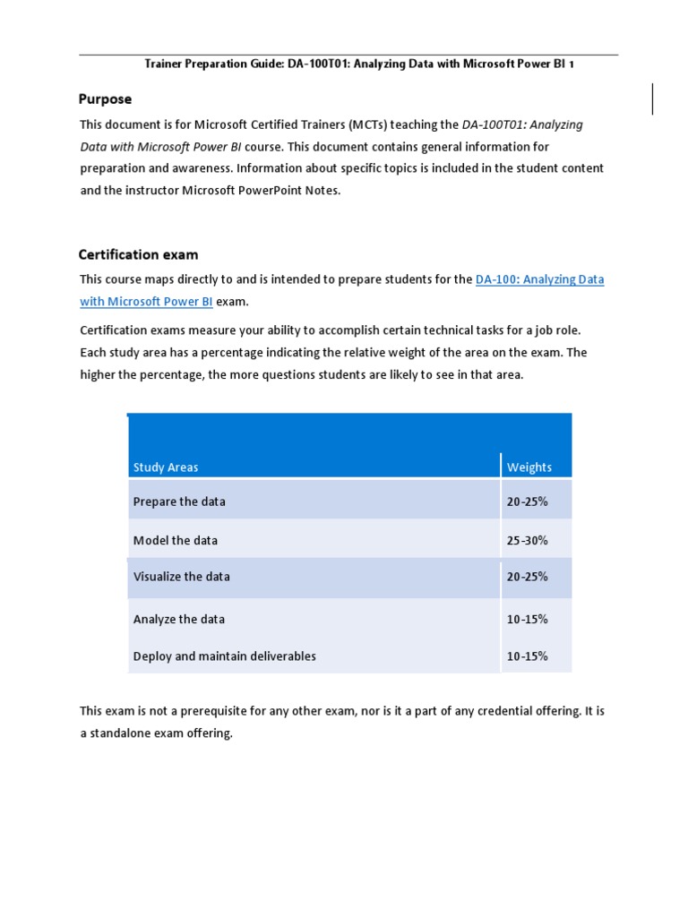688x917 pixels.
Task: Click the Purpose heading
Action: coord(105,99)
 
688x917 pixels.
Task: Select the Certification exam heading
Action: coord(139,254)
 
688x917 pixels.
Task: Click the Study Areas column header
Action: coord(166,467)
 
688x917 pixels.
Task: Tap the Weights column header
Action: coord(529,467)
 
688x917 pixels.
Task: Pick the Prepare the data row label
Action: coord(179,501)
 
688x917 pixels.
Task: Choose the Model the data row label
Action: coord(176,540)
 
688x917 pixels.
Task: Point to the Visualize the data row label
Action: coord(181,577)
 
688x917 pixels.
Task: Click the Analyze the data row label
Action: coord(179,619)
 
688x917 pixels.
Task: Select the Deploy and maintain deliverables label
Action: coord(224,656)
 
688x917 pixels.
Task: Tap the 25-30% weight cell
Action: coord(528,540)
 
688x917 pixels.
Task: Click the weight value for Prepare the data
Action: coord(528,501)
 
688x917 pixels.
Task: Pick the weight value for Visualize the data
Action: coord(528,577)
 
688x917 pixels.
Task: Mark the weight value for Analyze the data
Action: coord(528,619)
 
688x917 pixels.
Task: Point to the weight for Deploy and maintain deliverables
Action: coord(528,656)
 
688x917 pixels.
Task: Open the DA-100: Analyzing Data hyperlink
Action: coord(539,279)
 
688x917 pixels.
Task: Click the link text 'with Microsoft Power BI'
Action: coord(146,301)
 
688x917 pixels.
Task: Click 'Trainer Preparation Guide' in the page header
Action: coord(211,64)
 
